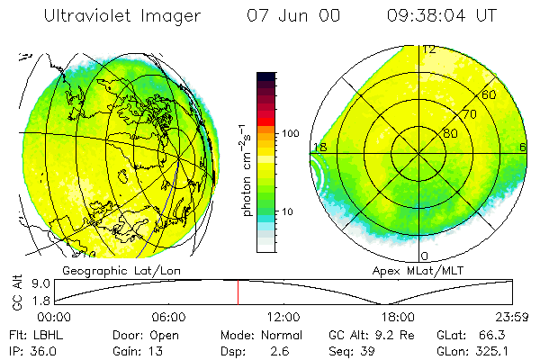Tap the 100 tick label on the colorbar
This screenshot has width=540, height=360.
tap(290, 133)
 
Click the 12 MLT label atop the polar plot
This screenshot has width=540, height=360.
tap(429, 49)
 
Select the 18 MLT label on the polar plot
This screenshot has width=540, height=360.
tap(319, 147)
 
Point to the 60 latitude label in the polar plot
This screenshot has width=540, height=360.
tap(490, 94)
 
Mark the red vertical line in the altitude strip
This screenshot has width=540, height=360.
tap(238, 292)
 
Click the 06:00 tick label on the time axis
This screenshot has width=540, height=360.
tap(168, 318)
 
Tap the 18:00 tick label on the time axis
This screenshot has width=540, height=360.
tap(398, 318)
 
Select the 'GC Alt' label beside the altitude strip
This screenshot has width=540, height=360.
tap(16, 292)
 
